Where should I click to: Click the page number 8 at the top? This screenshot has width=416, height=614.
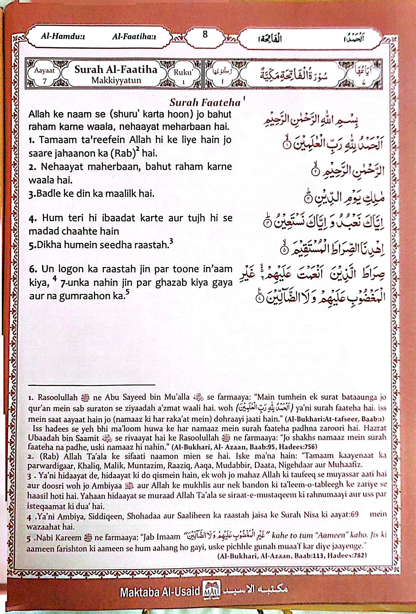[x=205, y=35]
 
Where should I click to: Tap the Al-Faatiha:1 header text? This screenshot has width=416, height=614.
[x=134, y=37]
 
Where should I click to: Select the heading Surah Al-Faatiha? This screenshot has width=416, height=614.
[x=116, y=69]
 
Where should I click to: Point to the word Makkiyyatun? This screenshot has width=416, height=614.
[x=116, y=80]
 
